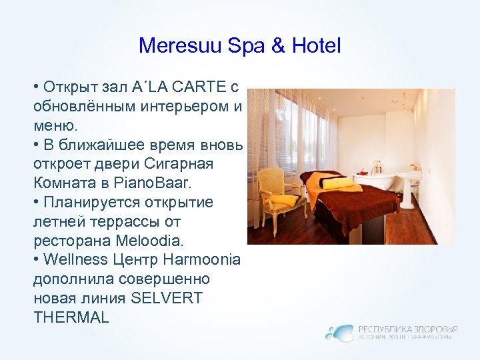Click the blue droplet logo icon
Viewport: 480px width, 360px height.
341,332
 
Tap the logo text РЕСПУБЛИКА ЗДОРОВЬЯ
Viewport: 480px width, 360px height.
407,328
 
